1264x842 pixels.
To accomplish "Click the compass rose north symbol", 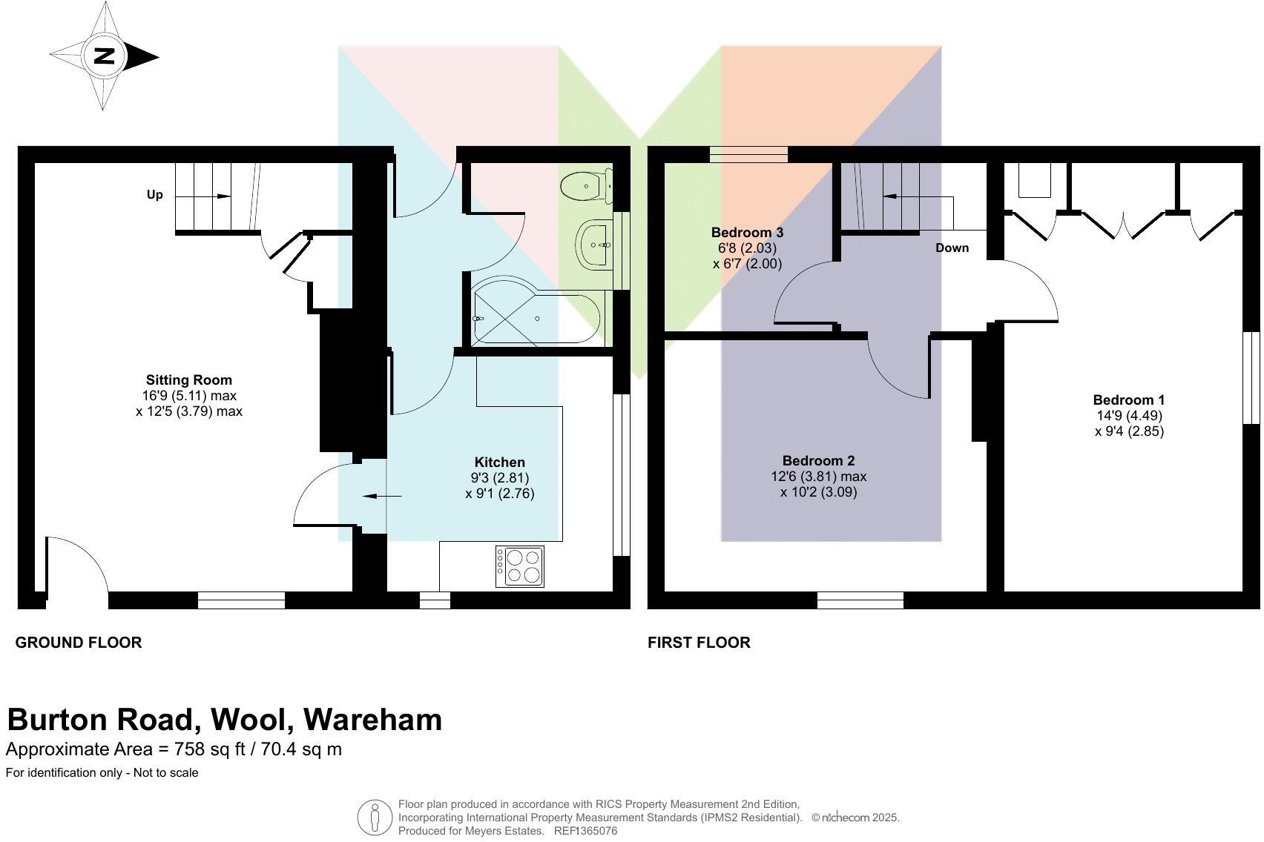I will (103, 56).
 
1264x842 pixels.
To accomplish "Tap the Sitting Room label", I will (188, 380).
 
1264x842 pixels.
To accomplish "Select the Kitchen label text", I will (499, 463).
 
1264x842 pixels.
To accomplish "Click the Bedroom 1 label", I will (1128, 400).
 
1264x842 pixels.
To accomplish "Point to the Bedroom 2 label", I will (818, 461).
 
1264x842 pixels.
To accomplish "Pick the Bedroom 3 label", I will (747, 233).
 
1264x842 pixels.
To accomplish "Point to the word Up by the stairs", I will (154, 195).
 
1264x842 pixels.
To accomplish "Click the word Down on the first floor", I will (952, 248).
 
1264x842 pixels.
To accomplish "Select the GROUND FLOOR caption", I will (79, 643).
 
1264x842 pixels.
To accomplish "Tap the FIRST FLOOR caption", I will (699, 643).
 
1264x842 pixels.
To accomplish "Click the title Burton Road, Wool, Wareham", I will (224, 720).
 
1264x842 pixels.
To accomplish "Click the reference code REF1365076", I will (585, 831).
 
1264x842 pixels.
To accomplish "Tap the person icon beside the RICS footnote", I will (375, 818).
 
